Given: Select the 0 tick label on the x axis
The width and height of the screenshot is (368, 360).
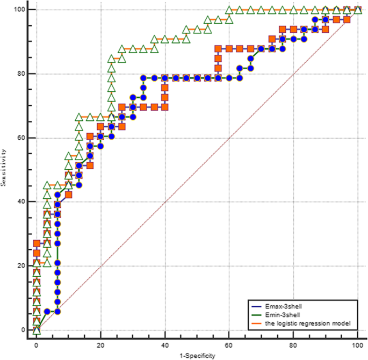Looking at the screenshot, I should click(36, 346).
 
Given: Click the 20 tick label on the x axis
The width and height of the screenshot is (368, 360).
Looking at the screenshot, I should click(100, 346).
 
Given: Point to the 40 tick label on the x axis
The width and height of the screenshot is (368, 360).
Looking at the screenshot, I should click(165, 346).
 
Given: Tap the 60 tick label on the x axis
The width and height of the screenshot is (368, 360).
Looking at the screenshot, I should click(229, 346).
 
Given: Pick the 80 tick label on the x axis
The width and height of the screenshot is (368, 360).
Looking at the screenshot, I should click(294, 346).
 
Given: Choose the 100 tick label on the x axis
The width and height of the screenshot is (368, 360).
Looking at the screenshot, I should click(358, 346).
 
